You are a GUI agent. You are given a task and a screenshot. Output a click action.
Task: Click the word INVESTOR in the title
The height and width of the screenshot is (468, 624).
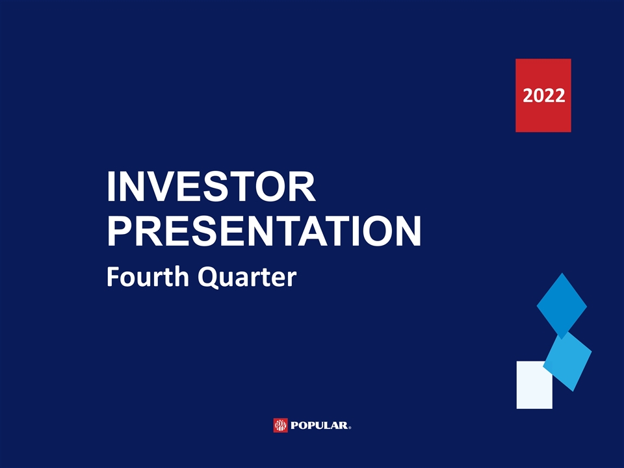(211, 187)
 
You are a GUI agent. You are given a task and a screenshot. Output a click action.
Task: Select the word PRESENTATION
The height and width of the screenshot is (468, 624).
(265, 231)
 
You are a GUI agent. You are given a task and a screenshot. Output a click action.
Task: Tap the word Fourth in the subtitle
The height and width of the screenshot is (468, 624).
(148, 276)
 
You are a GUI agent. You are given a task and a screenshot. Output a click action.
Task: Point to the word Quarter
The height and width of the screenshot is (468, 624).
(247, 277)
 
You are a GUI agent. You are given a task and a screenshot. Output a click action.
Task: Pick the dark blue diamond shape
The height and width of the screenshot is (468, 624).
(562, 306)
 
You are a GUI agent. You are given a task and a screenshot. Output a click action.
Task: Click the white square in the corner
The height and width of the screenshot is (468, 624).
(534, 385)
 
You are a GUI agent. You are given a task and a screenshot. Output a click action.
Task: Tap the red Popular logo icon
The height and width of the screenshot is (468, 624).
(280, 425)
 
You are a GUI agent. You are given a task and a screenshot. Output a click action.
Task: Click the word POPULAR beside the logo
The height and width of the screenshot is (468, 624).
(319, 425)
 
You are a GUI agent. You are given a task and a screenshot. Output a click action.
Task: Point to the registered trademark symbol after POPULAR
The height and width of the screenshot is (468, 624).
(350, 428)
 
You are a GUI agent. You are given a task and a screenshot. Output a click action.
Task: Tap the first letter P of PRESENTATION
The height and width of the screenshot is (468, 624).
(120, 231)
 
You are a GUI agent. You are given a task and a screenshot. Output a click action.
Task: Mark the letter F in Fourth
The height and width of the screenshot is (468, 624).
(113, 277)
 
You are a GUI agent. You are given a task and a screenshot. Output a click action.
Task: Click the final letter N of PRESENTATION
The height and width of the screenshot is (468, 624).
(408, 231)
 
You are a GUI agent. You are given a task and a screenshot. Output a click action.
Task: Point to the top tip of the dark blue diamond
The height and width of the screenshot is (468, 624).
(562, 273)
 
